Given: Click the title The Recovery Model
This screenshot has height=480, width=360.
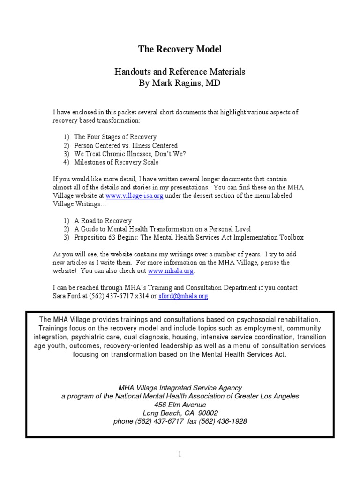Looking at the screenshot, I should pyautogui.click(x=180, y=49).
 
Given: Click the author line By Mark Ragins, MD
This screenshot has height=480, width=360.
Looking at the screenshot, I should pyautogui.click(x=180, y=83).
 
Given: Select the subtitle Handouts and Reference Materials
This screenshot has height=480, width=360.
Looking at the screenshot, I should pyautogui.click(x=180, y=72).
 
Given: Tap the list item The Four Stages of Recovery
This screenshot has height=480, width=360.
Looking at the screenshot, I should pyautogui.click(x=115, y=137).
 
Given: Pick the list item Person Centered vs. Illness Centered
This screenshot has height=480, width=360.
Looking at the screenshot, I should pyautogui.click(x=126, y=146).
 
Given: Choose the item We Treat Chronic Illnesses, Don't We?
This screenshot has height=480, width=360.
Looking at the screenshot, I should pyautogui.click(x=130, y=154).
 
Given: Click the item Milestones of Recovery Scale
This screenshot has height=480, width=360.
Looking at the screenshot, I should pyautogui.click(x=116, y=162).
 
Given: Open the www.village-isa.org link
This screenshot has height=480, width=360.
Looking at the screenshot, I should pyautogui.click(x=134, y=196).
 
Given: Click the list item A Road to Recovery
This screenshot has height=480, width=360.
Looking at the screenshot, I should pyautogui.click(x=103, y=221).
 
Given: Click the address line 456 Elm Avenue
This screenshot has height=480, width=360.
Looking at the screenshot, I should pyautogui.click(x=180, y=405).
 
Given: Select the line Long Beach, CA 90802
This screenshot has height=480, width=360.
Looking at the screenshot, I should pyautogui.click(x=180, y=413).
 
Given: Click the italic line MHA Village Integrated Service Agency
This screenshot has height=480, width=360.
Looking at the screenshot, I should pyautogui.click(x=180, y=388).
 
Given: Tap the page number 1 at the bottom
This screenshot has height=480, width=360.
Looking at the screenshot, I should pyautogui.click(x=180, y=454).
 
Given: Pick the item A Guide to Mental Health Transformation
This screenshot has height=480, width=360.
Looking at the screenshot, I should pyautogui.click(x=162, y=229).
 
